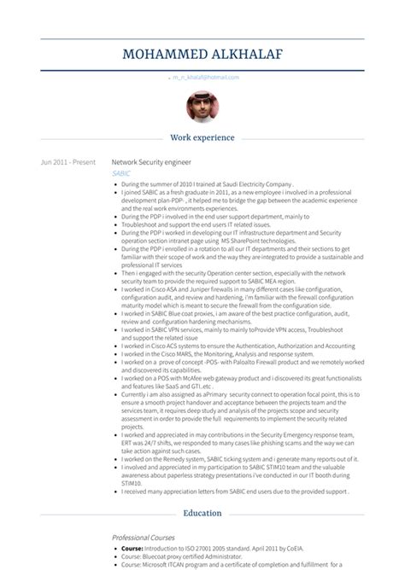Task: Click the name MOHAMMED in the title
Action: [x=163, y=55]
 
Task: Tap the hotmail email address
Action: [x=205, y=77]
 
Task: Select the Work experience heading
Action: [x=202, y=137]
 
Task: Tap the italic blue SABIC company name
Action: [x=121, y=173]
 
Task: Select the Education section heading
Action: [x=202, y=513]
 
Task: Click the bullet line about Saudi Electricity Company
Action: [x=209, y=183]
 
